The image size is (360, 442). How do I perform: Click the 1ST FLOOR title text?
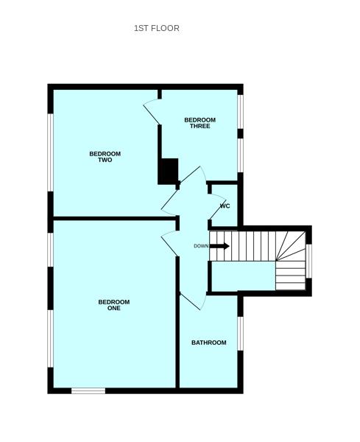pos(156,28)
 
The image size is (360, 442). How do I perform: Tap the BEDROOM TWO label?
pos(105,157)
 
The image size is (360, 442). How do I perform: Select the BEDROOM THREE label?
pos(200,123)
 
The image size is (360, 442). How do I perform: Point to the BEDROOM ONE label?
pos(114,305)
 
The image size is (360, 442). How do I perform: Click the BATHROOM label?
pos(208,343)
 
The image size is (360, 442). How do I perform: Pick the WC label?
pos(225,206)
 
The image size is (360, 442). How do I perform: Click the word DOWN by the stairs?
pos(201,246)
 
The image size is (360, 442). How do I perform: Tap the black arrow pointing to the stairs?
pos(220,245)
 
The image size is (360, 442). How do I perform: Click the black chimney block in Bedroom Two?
pos(169,172)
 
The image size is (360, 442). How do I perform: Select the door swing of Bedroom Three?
pos(152,110)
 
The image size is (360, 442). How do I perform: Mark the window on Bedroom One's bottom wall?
pos(88,390)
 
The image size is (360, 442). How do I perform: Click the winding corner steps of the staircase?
pos(290,262)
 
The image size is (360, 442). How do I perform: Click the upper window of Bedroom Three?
pos(240,110)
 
